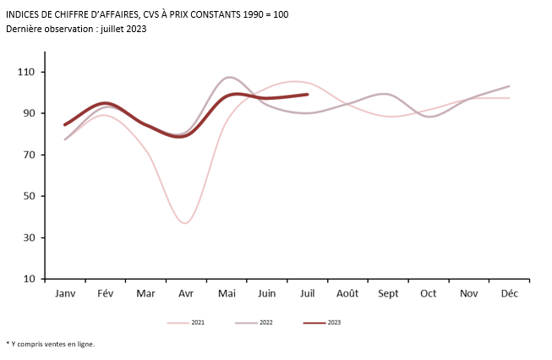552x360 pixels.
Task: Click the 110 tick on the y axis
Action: tap(29, 72)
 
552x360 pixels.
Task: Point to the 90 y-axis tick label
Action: tap(30, 113)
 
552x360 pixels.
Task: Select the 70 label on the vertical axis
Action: tap(30, 155)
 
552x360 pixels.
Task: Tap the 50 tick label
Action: tap(30, 196)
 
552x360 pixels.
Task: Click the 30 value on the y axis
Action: tap(30, 237)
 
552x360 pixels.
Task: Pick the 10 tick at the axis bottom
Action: tap(30, 279)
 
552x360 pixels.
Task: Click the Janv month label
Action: tap(65, 293)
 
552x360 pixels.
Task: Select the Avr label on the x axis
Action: tap(186, 293)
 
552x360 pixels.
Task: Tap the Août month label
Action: tap(347, 293)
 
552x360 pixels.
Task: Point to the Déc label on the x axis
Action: tap(510, 293)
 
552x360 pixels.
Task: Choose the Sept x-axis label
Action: tap(388, 293)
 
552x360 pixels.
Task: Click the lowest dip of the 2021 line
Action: tap(186, 223)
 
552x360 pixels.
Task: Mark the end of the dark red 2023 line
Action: tap(307, 95)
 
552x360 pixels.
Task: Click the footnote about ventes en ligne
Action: tap(51, 344)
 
